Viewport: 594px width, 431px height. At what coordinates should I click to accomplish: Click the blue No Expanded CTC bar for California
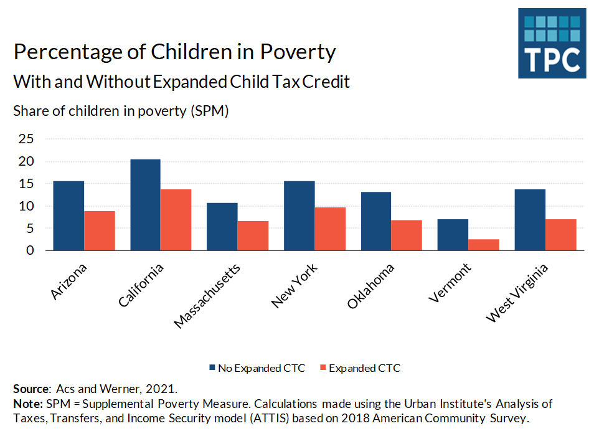[145, 205]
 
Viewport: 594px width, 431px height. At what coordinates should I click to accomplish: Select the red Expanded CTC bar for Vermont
[484, 245]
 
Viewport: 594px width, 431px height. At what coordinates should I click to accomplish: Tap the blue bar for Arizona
[68, 215]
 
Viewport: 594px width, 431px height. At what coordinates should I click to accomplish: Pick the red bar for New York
[330, 229]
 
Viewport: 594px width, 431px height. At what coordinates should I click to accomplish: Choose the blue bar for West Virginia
[530, 220]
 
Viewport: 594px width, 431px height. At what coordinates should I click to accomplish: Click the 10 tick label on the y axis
[25, 206]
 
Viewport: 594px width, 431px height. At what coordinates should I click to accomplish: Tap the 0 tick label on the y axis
[29, 250]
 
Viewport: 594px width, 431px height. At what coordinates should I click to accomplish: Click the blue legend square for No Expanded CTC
[212, 368]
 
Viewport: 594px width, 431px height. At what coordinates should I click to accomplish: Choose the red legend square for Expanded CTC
[323, 368]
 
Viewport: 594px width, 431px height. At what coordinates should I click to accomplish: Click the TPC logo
[552, 43]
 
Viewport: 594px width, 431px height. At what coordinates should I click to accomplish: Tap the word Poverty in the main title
[298, 52]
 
